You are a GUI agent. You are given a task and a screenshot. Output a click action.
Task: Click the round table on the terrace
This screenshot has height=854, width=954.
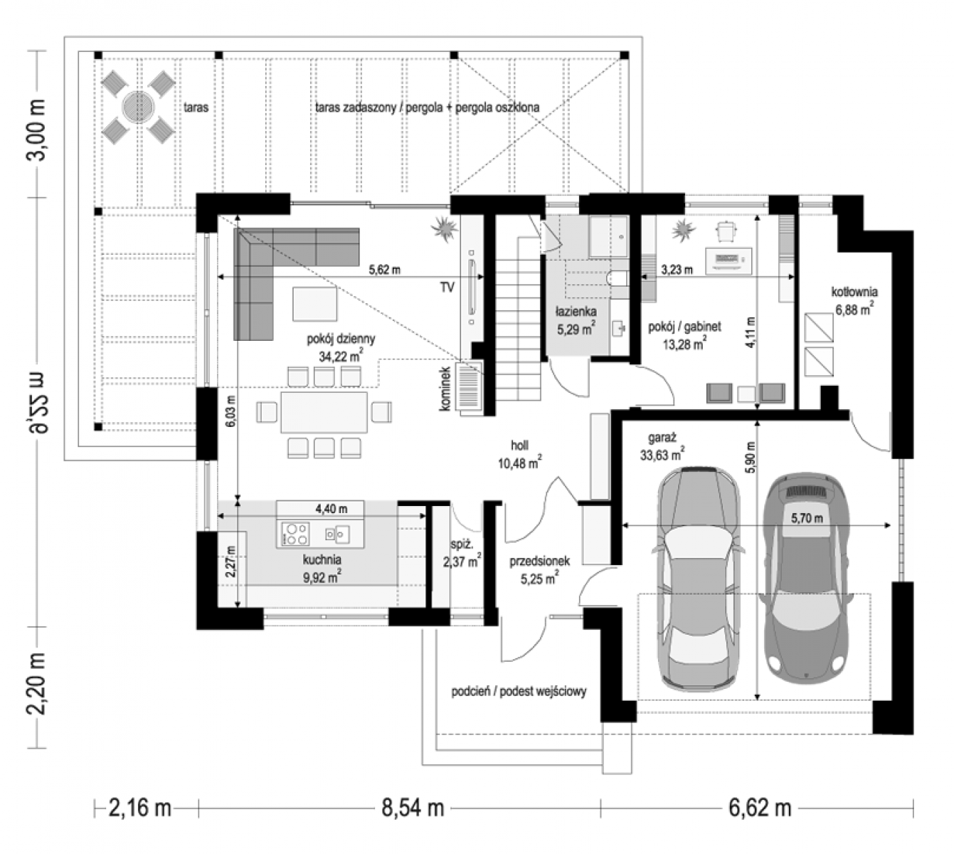click(139, 107)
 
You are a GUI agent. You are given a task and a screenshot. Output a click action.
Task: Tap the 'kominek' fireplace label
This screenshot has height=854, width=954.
click(445, 389)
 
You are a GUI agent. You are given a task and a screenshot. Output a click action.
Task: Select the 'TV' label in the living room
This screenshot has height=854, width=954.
click(447, 287)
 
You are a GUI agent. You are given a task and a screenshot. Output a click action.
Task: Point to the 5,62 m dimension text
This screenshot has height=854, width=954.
click(385, 270)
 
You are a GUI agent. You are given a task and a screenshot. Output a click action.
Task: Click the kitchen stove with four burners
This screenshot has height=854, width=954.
click(295, 534)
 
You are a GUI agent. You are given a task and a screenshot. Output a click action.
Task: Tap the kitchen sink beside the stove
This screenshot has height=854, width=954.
click(336, 534)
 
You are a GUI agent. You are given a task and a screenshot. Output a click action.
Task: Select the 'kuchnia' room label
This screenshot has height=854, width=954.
click(322, 559)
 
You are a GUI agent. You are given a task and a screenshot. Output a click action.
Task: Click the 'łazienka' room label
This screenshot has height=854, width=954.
click(576, 312)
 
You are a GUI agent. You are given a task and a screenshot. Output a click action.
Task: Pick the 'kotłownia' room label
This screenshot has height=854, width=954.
click(854, 292)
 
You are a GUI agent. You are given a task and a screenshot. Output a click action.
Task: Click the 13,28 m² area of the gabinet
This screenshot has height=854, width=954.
click(684, 344)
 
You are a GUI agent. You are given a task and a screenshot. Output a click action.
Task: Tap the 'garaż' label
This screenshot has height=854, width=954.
click(662, 438)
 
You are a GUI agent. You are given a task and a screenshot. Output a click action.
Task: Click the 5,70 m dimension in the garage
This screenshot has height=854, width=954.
click(807, 518)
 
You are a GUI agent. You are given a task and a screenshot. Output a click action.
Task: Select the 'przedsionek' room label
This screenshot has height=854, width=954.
click(540, 561)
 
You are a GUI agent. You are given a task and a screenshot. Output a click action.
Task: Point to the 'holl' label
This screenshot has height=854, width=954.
click(519, 445)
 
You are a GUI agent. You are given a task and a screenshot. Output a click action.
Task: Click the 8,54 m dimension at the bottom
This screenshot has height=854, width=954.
click(413, 808)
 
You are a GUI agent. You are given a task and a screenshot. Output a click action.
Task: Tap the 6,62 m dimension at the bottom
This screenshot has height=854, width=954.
click(760, 808)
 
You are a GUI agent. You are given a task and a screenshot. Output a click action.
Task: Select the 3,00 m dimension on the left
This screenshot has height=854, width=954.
click(36, 130)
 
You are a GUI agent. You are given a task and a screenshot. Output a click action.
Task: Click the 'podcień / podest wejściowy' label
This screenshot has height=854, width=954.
click(519, 692)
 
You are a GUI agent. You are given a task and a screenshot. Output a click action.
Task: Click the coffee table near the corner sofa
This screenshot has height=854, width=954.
click(314, 304)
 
